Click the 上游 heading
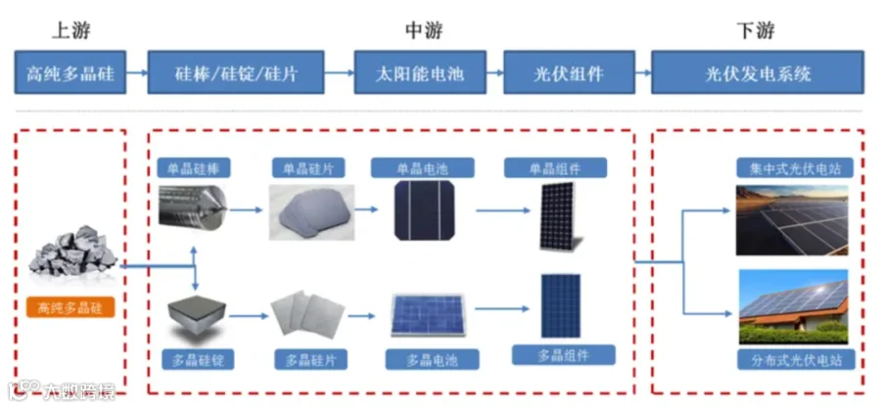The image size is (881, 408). tap(71, 30)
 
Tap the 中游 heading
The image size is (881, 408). tap(424, 30)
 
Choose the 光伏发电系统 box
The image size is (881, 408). tap(758, 73)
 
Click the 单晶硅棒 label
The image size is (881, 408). tap(195, 168)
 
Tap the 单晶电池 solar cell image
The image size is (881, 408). tap(423, 210)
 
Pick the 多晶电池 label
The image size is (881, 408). tap(423, 359)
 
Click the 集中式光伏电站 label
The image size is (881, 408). tap(789, 168)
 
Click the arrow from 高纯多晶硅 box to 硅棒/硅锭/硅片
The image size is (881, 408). tap(137, 73)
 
